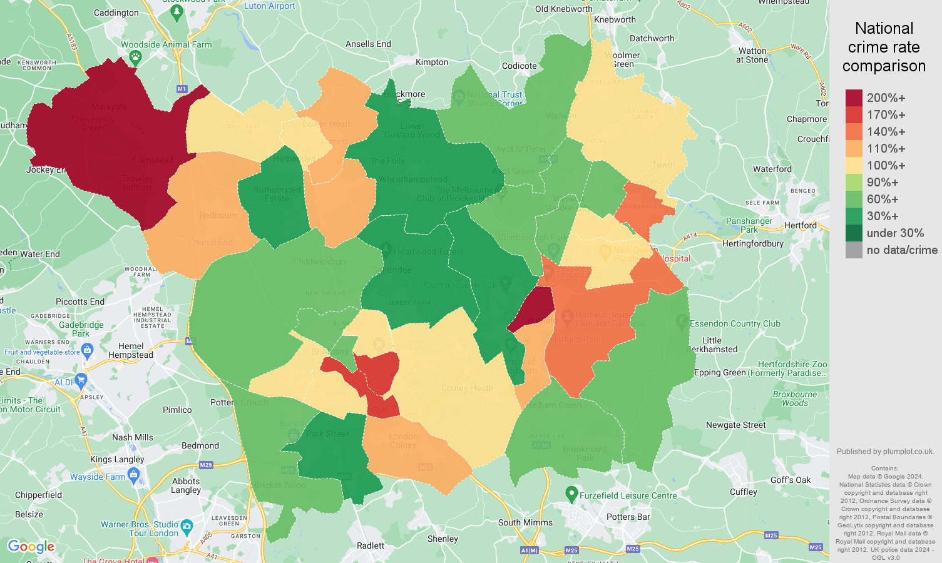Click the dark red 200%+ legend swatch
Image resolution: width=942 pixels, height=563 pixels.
click(854, 98)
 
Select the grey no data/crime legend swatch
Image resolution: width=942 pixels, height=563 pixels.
click(854, 250)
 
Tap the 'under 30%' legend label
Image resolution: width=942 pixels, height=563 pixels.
click(895, 233)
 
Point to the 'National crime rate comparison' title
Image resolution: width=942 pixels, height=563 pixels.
click(884, 47)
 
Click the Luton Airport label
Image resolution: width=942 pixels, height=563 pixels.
click(269, 6)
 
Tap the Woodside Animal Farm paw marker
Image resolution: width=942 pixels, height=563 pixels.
click(135, 58)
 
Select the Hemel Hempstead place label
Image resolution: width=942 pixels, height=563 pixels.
click(131, 350)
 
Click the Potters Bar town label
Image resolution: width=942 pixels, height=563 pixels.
click(628, 517)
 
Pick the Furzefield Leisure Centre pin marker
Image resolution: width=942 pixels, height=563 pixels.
click(571, 494)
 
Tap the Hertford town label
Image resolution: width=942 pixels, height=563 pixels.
click(800, 225)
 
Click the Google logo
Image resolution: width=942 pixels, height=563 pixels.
click(31, 547)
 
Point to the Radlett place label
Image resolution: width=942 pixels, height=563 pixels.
click(371, 545)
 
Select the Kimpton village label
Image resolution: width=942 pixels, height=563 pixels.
click(432, 62)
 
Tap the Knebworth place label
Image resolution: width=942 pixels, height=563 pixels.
click(615, 19)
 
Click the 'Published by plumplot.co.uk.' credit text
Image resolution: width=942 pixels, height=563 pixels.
click(885, 452)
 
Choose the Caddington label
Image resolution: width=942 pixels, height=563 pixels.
click(116, 13)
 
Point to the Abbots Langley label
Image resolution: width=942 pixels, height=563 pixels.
click(186, 485)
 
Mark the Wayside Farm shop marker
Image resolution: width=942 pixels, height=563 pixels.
click(133, 475)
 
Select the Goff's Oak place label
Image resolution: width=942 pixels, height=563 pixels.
click(790, 480)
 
